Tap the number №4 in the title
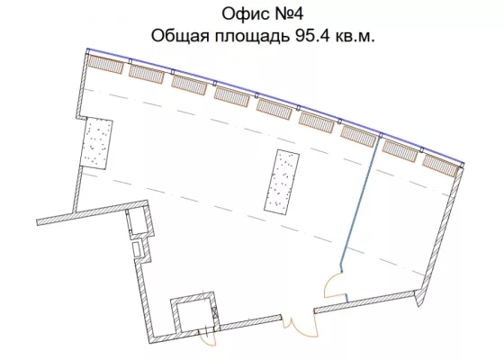[288, 13]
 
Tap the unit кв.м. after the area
[355, 36]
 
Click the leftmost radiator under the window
[106, 64]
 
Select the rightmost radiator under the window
[440, 166]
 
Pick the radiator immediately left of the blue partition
[358, 136]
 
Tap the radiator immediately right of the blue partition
[400, 151]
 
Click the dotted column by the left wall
[95, 143]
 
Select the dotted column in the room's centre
[282, 182]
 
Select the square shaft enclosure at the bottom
[195, 312]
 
